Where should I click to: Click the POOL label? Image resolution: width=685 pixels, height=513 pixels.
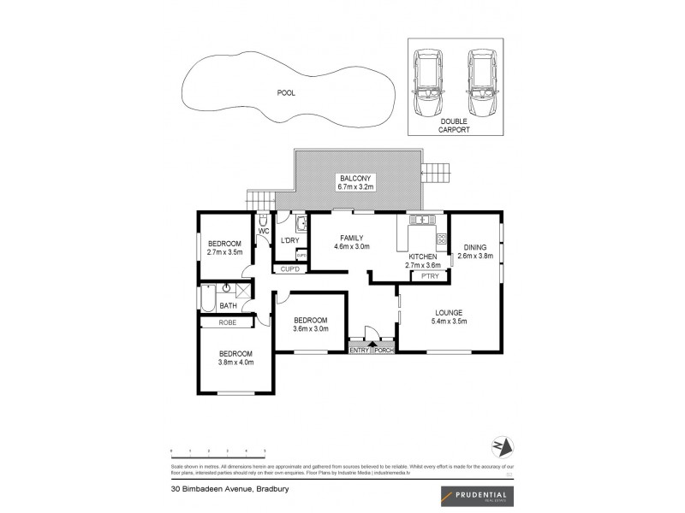coord(285,93)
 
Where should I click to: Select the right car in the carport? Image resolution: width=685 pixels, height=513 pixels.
coord(483,84)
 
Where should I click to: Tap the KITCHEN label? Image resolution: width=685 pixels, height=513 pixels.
coord(423,256)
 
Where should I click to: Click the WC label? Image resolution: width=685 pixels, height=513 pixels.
coord(264,231)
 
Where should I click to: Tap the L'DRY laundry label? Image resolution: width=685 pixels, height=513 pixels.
coord(289,240)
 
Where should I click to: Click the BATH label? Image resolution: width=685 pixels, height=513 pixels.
coord(228,305)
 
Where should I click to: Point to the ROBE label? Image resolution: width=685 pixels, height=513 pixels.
coord(228,322)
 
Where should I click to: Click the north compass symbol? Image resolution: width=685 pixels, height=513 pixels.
coord(502,447)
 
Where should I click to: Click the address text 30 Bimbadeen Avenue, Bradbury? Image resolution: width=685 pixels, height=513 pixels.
coord(218,492)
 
